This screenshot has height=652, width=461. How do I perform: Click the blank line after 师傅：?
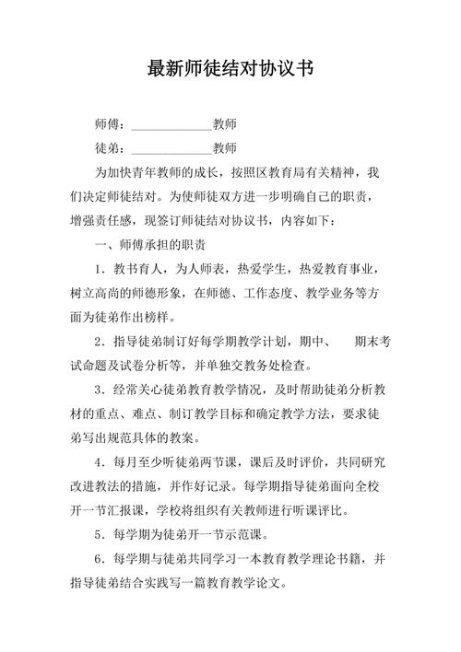pyautogui.click(x=172, y=123)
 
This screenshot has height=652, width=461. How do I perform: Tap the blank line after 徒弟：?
pyautogui.click(x=172, y=147)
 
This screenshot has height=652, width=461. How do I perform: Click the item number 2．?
pyautogui.click(x=100, y=343)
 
